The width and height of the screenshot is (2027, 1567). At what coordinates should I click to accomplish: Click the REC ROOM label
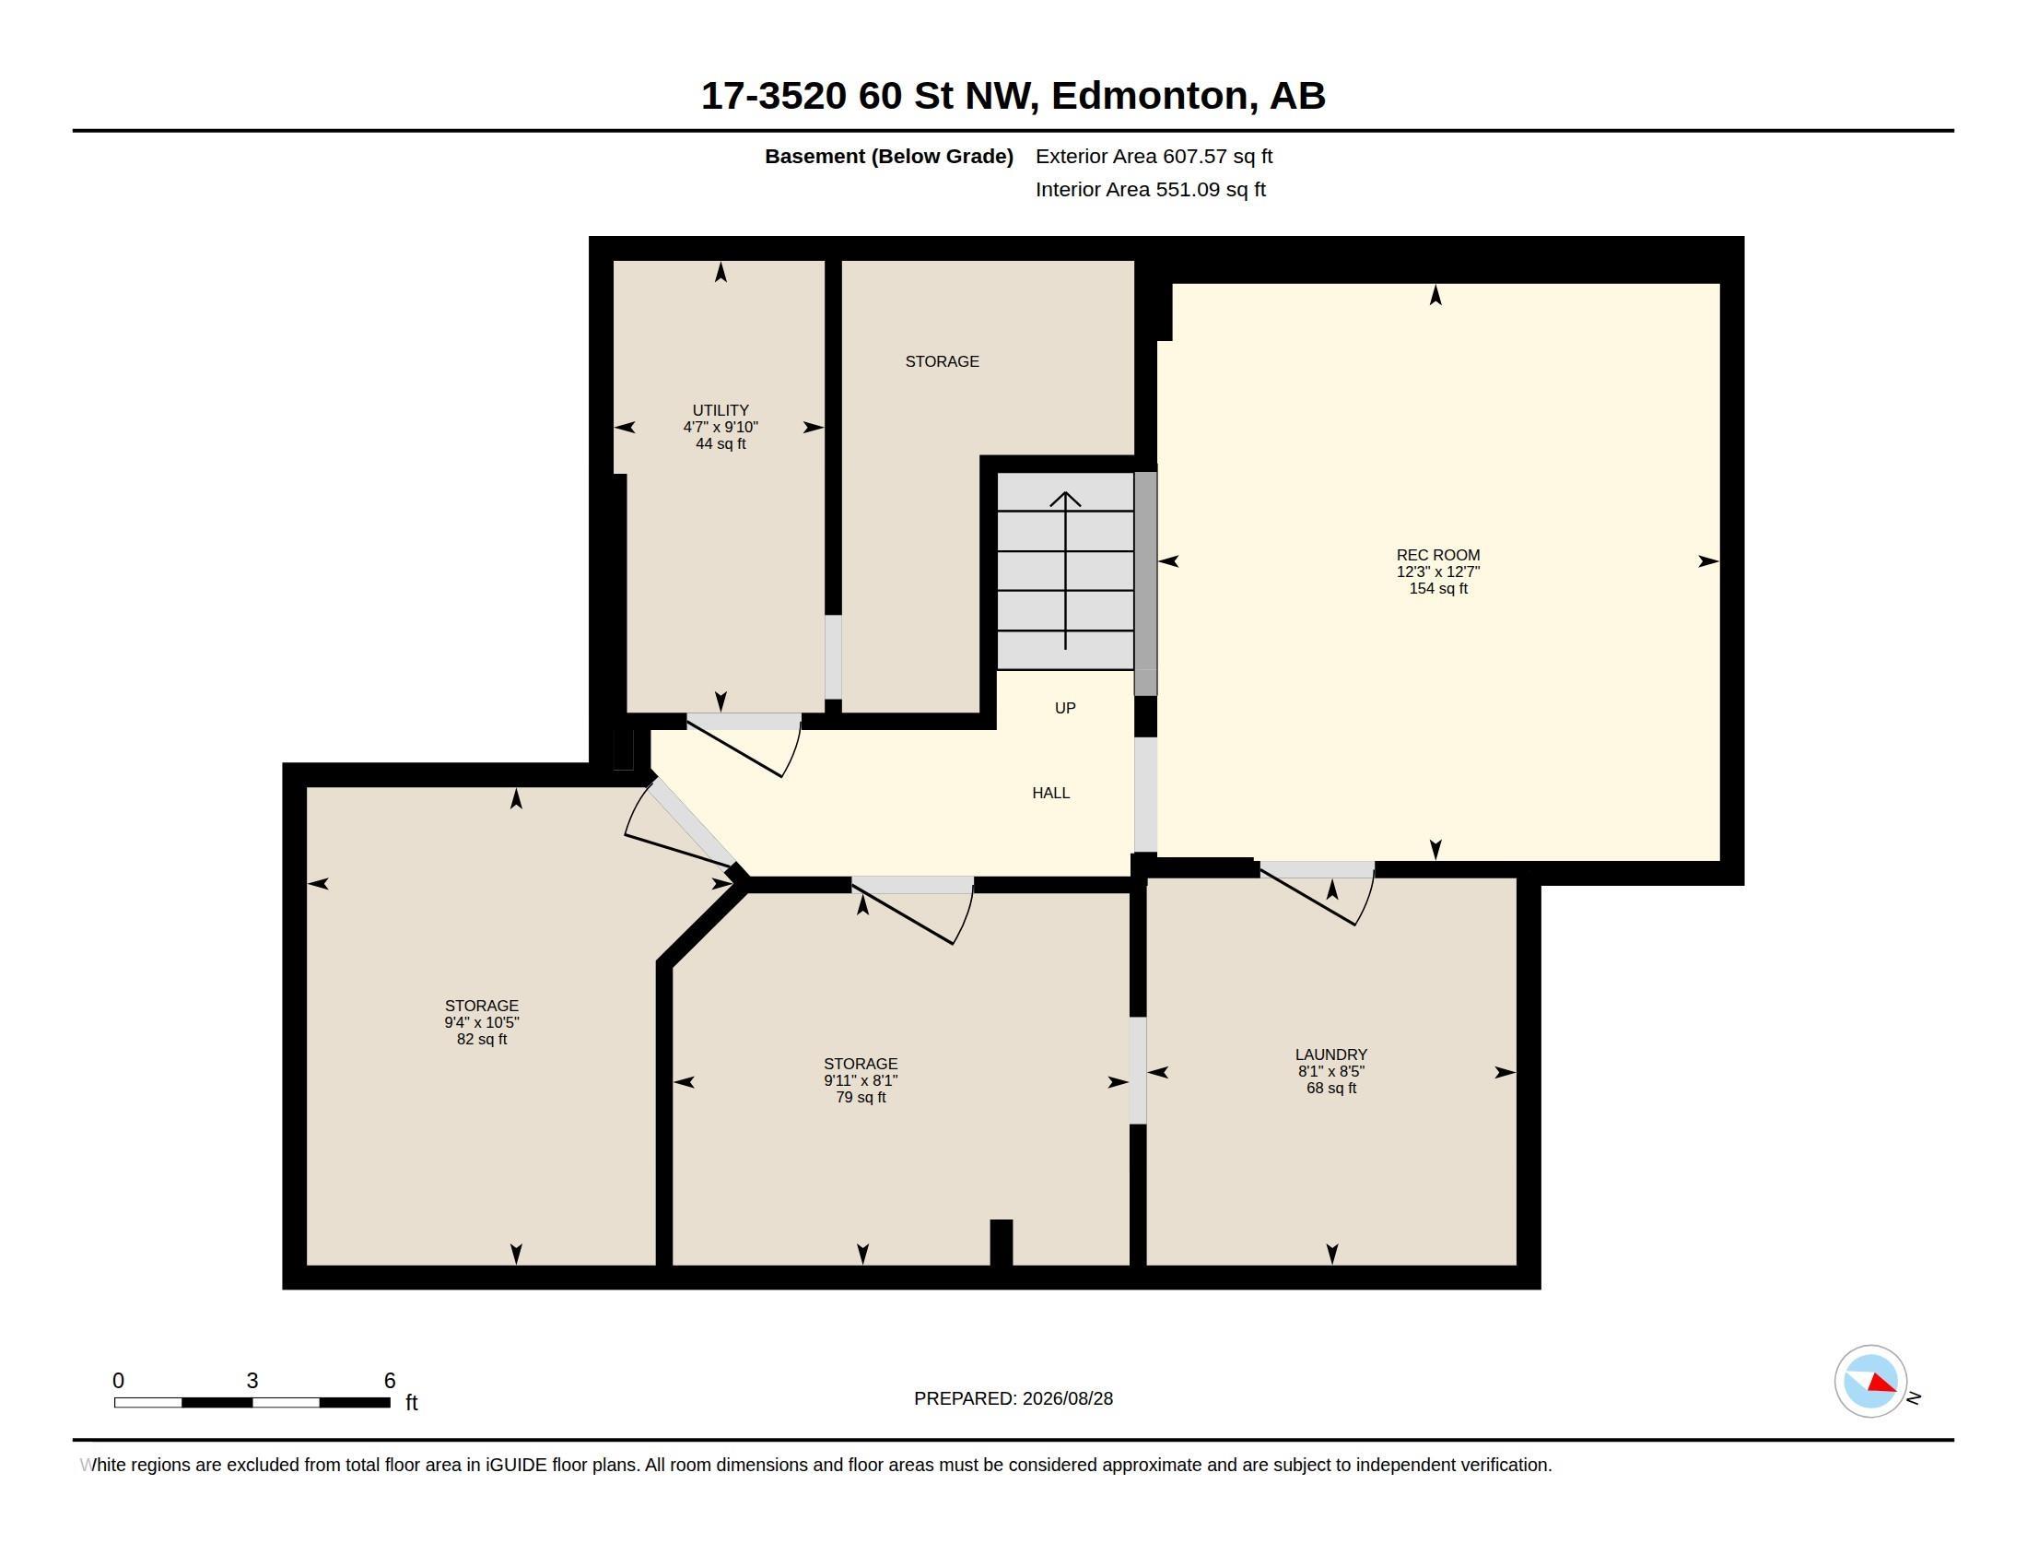point(1437,555)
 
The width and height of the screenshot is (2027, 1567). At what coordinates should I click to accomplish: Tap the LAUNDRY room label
point(1331,1054)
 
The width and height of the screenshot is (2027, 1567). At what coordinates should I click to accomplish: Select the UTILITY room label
point(721,410)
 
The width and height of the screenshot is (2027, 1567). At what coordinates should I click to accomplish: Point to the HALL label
point(1050,793)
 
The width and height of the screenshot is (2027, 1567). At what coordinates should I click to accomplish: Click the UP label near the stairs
point(1064,708)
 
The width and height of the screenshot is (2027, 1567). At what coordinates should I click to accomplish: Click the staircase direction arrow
point(1065,571)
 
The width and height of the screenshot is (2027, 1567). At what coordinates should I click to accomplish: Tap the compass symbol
point(1870,1382)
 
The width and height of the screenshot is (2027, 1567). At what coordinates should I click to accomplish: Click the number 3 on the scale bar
point(252,1381)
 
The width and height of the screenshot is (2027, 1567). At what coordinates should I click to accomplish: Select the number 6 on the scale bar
point(390,1381)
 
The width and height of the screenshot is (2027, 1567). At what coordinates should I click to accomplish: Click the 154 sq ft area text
point(1437,589)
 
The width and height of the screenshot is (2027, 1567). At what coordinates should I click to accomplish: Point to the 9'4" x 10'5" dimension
point(482,1023)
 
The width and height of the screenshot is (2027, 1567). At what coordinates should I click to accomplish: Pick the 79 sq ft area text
point(861,1097)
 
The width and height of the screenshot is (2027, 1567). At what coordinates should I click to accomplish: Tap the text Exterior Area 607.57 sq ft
point(1154,156)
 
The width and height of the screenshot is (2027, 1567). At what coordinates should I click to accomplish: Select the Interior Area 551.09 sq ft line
point(1150,189)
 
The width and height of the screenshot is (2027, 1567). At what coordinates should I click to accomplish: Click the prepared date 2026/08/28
point(1067,1398)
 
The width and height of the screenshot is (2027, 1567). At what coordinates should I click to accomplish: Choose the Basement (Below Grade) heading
point(888,156)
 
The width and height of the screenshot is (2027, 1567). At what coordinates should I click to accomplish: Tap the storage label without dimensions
point(942,361)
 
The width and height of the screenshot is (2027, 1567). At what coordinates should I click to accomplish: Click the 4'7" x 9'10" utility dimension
point(721,427)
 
